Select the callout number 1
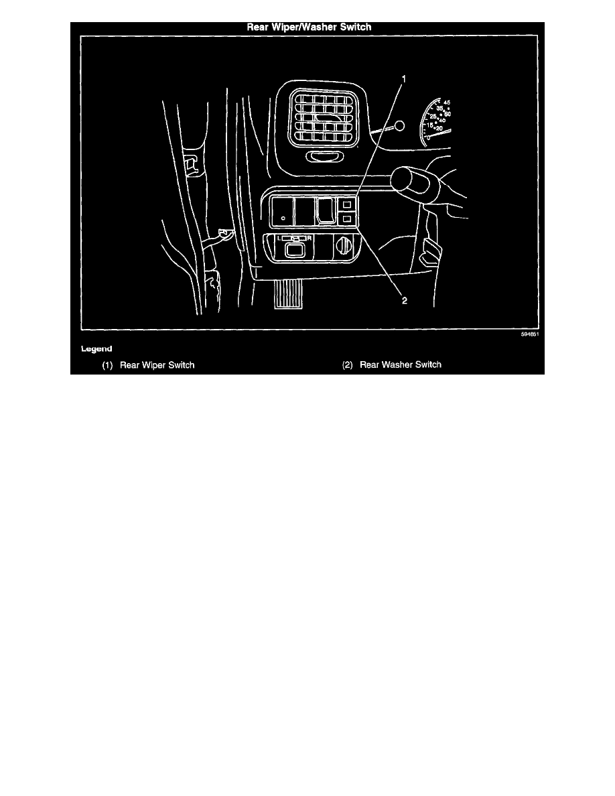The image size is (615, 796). pos(404,79)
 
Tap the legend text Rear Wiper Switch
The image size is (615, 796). pos(157,365)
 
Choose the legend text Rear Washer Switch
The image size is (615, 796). pos(401,365)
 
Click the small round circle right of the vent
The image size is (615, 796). pos(399,125)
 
